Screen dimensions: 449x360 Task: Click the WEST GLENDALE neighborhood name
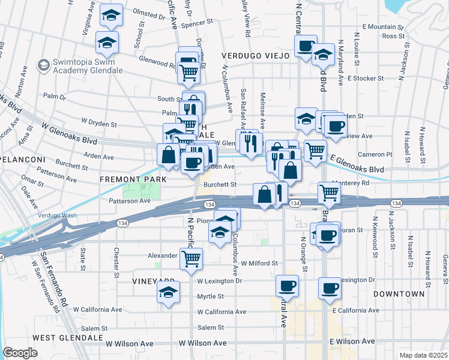tap(61, 338)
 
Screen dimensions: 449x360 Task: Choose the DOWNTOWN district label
tap(399, 294)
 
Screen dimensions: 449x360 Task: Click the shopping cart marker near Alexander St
tap(191, 259)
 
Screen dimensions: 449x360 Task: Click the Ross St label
tap(390, 36)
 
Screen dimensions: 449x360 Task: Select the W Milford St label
tap(259, 263)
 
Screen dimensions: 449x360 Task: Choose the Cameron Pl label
tap(375, 154)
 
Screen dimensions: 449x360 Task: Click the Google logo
tap(20, 353)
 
